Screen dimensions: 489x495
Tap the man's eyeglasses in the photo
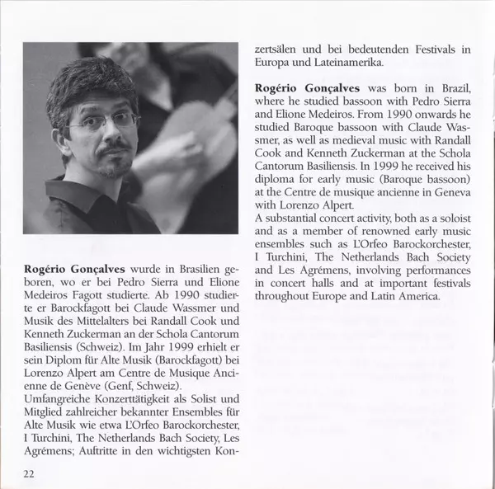[x=104, y=122]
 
